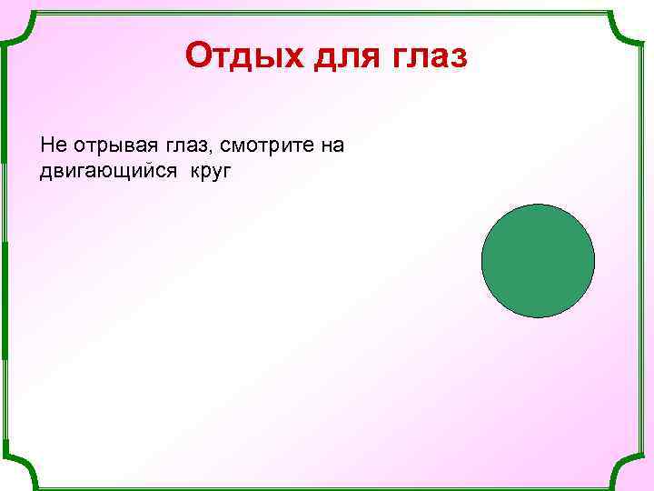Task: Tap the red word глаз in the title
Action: (429, 57)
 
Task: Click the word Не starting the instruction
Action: (51, 145)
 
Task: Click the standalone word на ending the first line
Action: (330, 145)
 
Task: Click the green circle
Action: (538, 261)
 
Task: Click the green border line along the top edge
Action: (327, 13)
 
